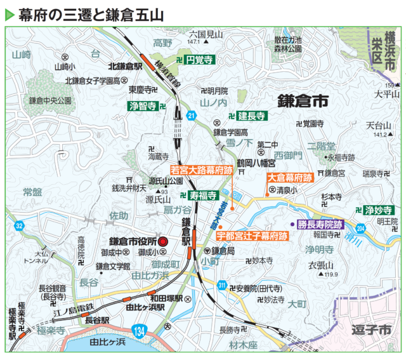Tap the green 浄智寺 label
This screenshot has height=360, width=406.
pyautogui.click(x=143, y=105)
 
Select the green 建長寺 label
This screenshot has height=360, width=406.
pyautogui.click(x=252, y=116)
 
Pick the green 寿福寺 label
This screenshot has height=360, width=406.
pyautogui.click(x=204, y=195)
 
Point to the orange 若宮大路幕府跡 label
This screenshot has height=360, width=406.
pyautogui.click(x=200, y=170)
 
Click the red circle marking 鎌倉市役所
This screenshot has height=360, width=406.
pyautogui.click(x=162, y=241)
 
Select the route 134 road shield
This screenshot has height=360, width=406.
pyautogui.click(x=140, y=330)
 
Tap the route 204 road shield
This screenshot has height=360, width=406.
pyautogui.click(x=361, y=228)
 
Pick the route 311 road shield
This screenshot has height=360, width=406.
pyautogui.click(x=221, y=287)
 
